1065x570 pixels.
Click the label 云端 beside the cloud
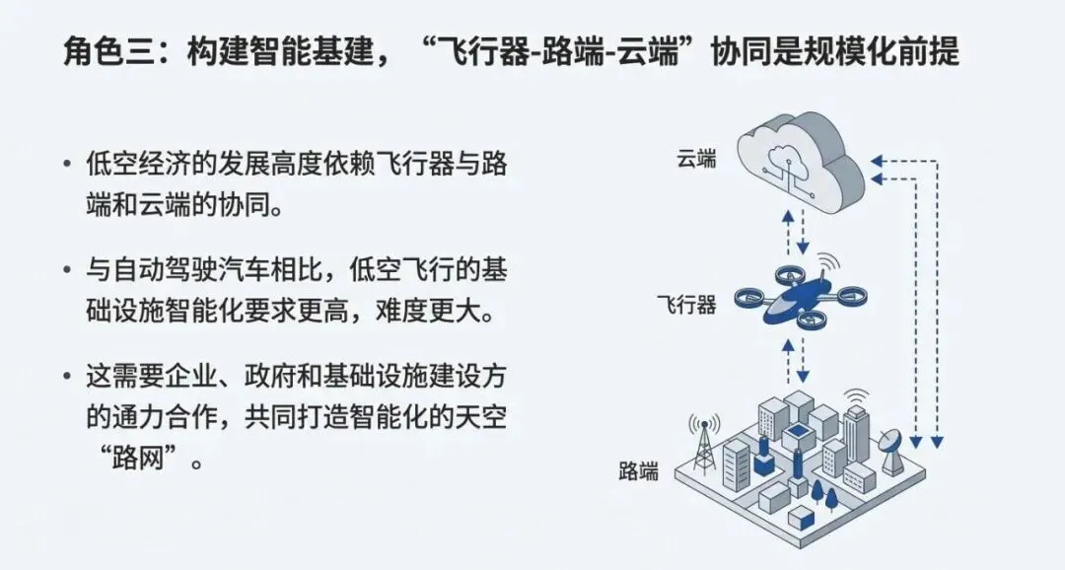(696, 160)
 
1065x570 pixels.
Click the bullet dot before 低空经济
(66, 163)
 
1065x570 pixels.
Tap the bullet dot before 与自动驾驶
(66, 269)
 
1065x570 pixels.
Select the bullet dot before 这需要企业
(66, 376)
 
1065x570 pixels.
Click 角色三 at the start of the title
(107, 51)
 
